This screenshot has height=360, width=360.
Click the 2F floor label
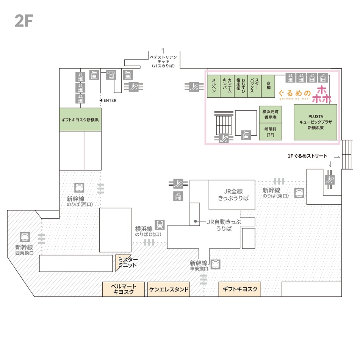24,20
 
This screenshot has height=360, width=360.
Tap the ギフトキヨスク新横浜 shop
80,119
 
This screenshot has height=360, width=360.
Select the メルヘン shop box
214,86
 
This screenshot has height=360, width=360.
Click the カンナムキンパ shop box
227,86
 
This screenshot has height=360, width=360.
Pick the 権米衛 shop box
241,86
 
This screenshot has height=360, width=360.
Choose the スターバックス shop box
254,86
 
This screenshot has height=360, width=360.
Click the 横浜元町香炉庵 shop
270,114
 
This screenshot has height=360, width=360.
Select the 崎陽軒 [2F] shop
270,131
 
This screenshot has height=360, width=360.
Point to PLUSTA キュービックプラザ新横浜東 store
315,122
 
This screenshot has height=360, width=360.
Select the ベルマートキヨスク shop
124,289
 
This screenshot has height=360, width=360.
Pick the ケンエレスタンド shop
169,290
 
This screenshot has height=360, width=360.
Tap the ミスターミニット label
127,262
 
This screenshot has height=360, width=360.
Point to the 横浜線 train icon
160,225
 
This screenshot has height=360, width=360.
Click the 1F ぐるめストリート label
307,156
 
